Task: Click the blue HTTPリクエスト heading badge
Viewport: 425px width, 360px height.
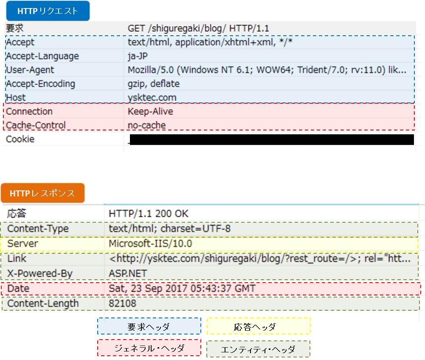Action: pos(48,11)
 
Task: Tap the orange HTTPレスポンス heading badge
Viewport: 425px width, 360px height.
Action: pos(42,193)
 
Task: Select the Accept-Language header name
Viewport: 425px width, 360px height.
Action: pos(42,56)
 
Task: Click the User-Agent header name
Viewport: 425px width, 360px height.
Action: pos(30,70)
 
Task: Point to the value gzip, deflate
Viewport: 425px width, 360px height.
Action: pos(154,84)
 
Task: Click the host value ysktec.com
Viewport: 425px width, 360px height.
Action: pos(152,98)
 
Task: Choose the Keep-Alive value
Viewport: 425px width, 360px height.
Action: pos(150,111)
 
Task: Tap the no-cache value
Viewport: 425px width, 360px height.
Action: pos(146,125)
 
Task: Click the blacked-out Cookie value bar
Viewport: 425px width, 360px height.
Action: pos(272,139)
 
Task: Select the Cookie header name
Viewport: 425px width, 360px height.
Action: pos(20,139)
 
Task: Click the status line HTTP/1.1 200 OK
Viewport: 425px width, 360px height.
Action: pos(149,214)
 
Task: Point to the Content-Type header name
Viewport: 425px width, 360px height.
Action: pos(38,229)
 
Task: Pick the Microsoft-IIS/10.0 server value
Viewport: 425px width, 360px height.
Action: pos(150,244)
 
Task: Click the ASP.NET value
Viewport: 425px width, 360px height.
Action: pos(128,273)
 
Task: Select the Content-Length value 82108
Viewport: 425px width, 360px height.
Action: pos(123,303)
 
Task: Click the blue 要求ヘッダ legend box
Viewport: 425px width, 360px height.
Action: pos(149,326)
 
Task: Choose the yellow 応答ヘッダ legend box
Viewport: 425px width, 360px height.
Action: pos(259,326)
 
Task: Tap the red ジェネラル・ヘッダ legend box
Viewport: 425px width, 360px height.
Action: pos(149,348)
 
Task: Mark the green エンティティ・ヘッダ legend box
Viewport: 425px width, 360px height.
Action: pos(259,349)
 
